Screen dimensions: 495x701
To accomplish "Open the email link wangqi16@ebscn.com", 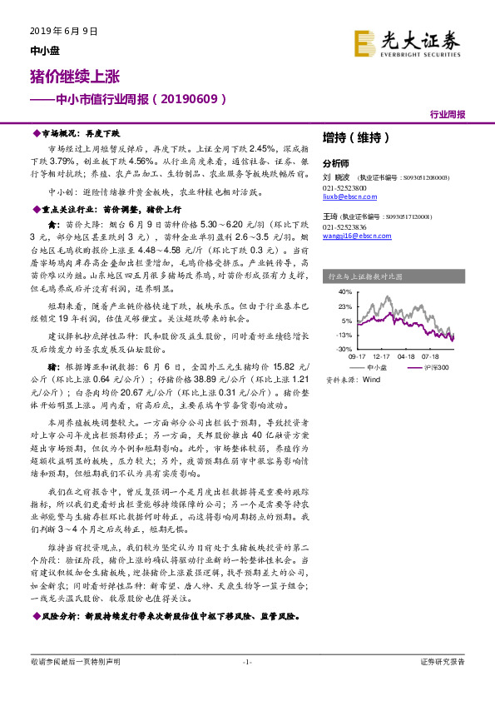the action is [353, 237].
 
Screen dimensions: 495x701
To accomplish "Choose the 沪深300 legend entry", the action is [439, 365].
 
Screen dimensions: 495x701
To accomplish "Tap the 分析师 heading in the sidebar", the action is [336, 163].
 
